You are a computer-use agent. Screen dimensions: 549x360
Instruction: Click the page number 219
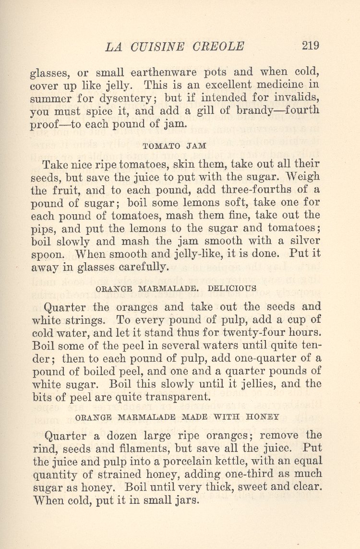click(x=310, y=46)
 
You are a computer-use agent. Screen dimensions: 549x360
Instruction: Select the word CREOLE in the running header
click(x=218, y=47)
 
